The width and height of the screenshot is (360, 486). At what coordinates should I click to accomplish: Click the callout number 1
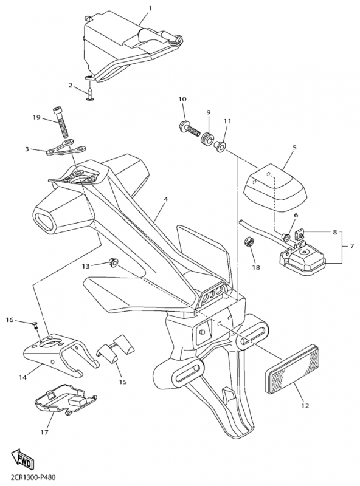point(150,9)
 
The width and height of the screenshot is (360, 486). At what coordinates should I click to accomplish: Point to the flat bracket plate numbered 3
point(66,148)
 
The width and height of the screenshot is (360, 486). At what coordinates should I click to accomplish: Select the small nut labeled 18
point(250,241)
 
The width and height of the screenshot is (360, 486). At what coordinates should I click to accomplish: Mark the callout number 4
point(166,199)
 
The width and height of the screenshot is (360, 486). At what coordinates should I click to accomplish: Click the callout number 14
point(23,377)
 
